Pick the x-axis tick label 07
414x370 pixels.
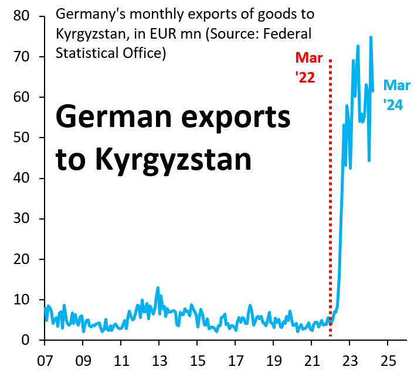(45, 358)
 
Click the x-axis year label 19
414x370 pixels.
(273, 358)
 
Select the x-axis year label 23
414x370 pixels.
(349, 358)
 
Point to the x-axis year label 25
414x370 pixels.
(388, 358)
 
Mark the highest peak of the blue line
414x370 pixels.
(371, 37)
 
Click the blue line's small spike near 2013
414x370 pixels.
(158, 288)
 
